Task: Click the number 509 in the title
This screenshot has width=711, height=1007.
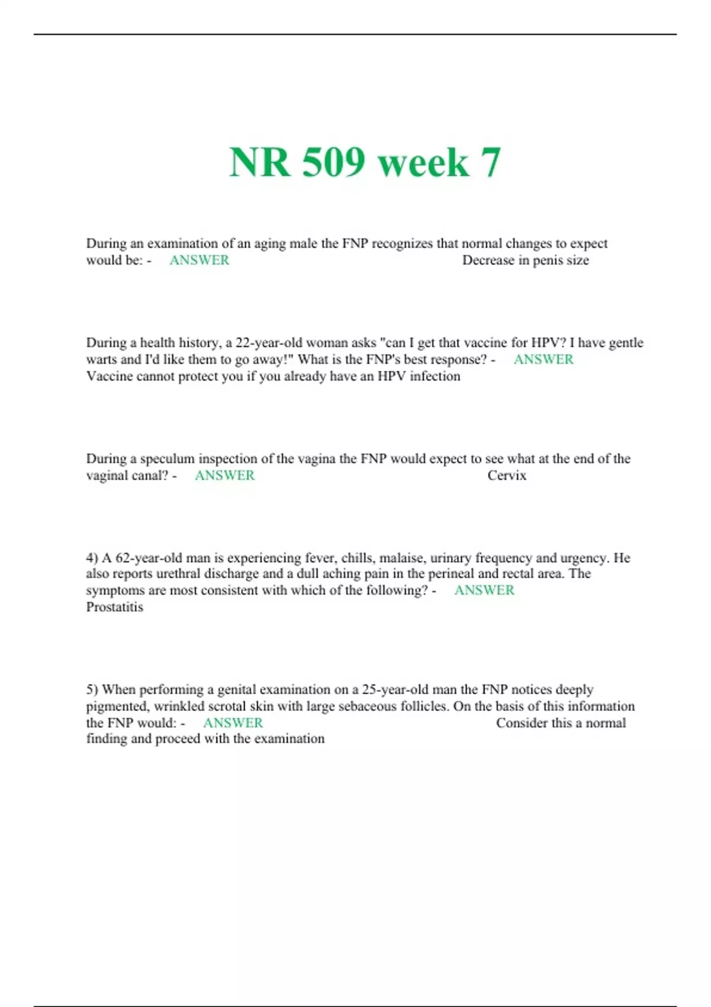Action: click(x=333, y=162)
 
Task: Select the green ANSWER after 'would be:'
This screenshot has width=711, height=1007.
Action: click(x=199, y=260)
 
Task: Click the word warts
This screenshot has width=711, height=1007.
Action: click(x=101, y=360)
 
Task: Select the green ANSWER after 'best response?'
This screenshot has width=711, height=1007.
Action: click(x=543, y=360)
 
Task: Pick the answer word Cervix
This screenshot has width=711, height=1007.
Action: click(x=507, y=475)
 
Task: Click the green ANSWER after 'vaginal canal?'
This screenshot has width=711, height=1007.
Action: click(x=225, y=475)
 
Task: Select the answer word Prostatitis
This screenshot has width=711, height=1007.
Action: click(x=114, y=607)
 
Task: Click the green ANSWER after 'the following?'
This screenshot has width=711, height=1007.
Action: click(x=484, y=591)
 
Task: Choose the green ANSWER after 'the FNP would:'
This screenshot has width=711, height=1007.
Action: click(x=233, y=723)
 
